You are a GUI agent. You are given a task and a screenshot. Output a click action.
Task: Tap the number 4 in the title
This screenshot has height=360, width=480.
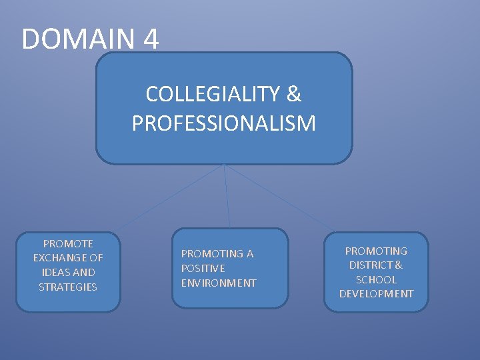(151, 39)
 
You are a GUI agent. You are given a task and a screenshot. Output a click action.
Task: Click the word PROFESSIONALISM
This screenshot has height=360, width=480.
(224, 123)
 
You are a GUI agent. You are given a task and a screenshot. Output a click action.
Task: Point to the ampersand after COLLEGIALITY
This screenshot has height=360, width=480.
(293, 94)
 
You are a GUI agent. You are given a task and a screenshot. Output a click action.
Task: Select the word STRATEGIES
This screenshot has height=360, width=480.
(68, 287)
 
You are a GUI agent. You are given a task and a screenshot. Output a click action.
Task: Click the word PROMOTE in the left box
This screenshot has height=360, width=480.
(68, 243)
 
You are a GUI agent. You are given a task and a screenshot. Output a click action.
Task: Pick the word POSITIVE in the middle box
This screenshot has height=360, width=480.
(203, 268)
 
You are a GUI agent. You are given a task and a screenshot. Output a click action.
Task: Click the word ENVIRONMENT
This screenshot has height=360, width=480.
(219, 283)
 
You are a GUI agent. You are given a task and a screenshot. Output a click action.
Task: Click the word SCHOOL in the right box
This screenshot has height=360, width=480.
(376, 279)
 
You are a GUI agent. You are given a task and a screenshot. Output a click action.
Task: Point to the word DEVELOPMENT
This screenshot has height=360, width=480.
(376, 294)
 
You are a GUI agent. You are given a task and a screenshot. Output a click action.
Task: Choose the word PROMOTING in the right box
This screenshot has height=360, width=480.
(376, 251)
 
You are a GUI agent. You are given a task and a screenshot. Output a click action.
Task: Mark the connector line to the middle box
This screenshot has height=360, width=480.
(227, 197)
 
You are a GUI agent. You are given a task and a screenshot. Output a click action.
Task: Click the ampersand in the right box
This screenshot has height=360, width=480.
(399, 265)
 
